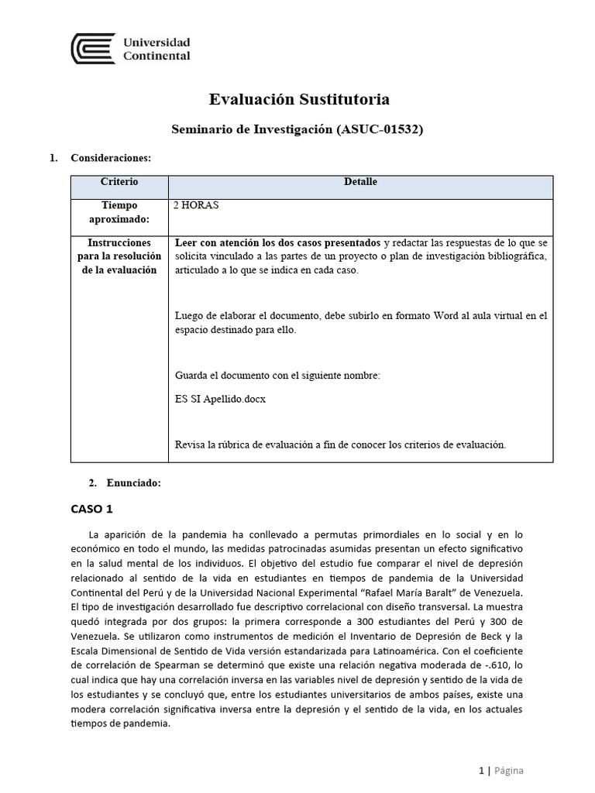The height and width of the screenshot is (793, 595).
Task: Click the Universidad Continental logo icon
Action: coord(93,49)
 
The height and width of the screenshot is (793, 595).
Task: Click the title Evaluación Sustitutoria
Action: coord(299,99)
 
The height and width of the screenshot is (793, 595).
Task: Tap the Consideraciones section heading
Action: coord(111,158)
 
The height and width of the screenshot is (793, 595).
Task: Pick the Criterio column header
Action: coord(119,182)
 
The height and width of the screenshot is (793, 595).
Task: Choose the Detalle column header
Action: coord(360,182)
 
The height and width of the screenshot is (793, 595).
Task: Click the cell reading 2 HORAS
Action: coord(198,206)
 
